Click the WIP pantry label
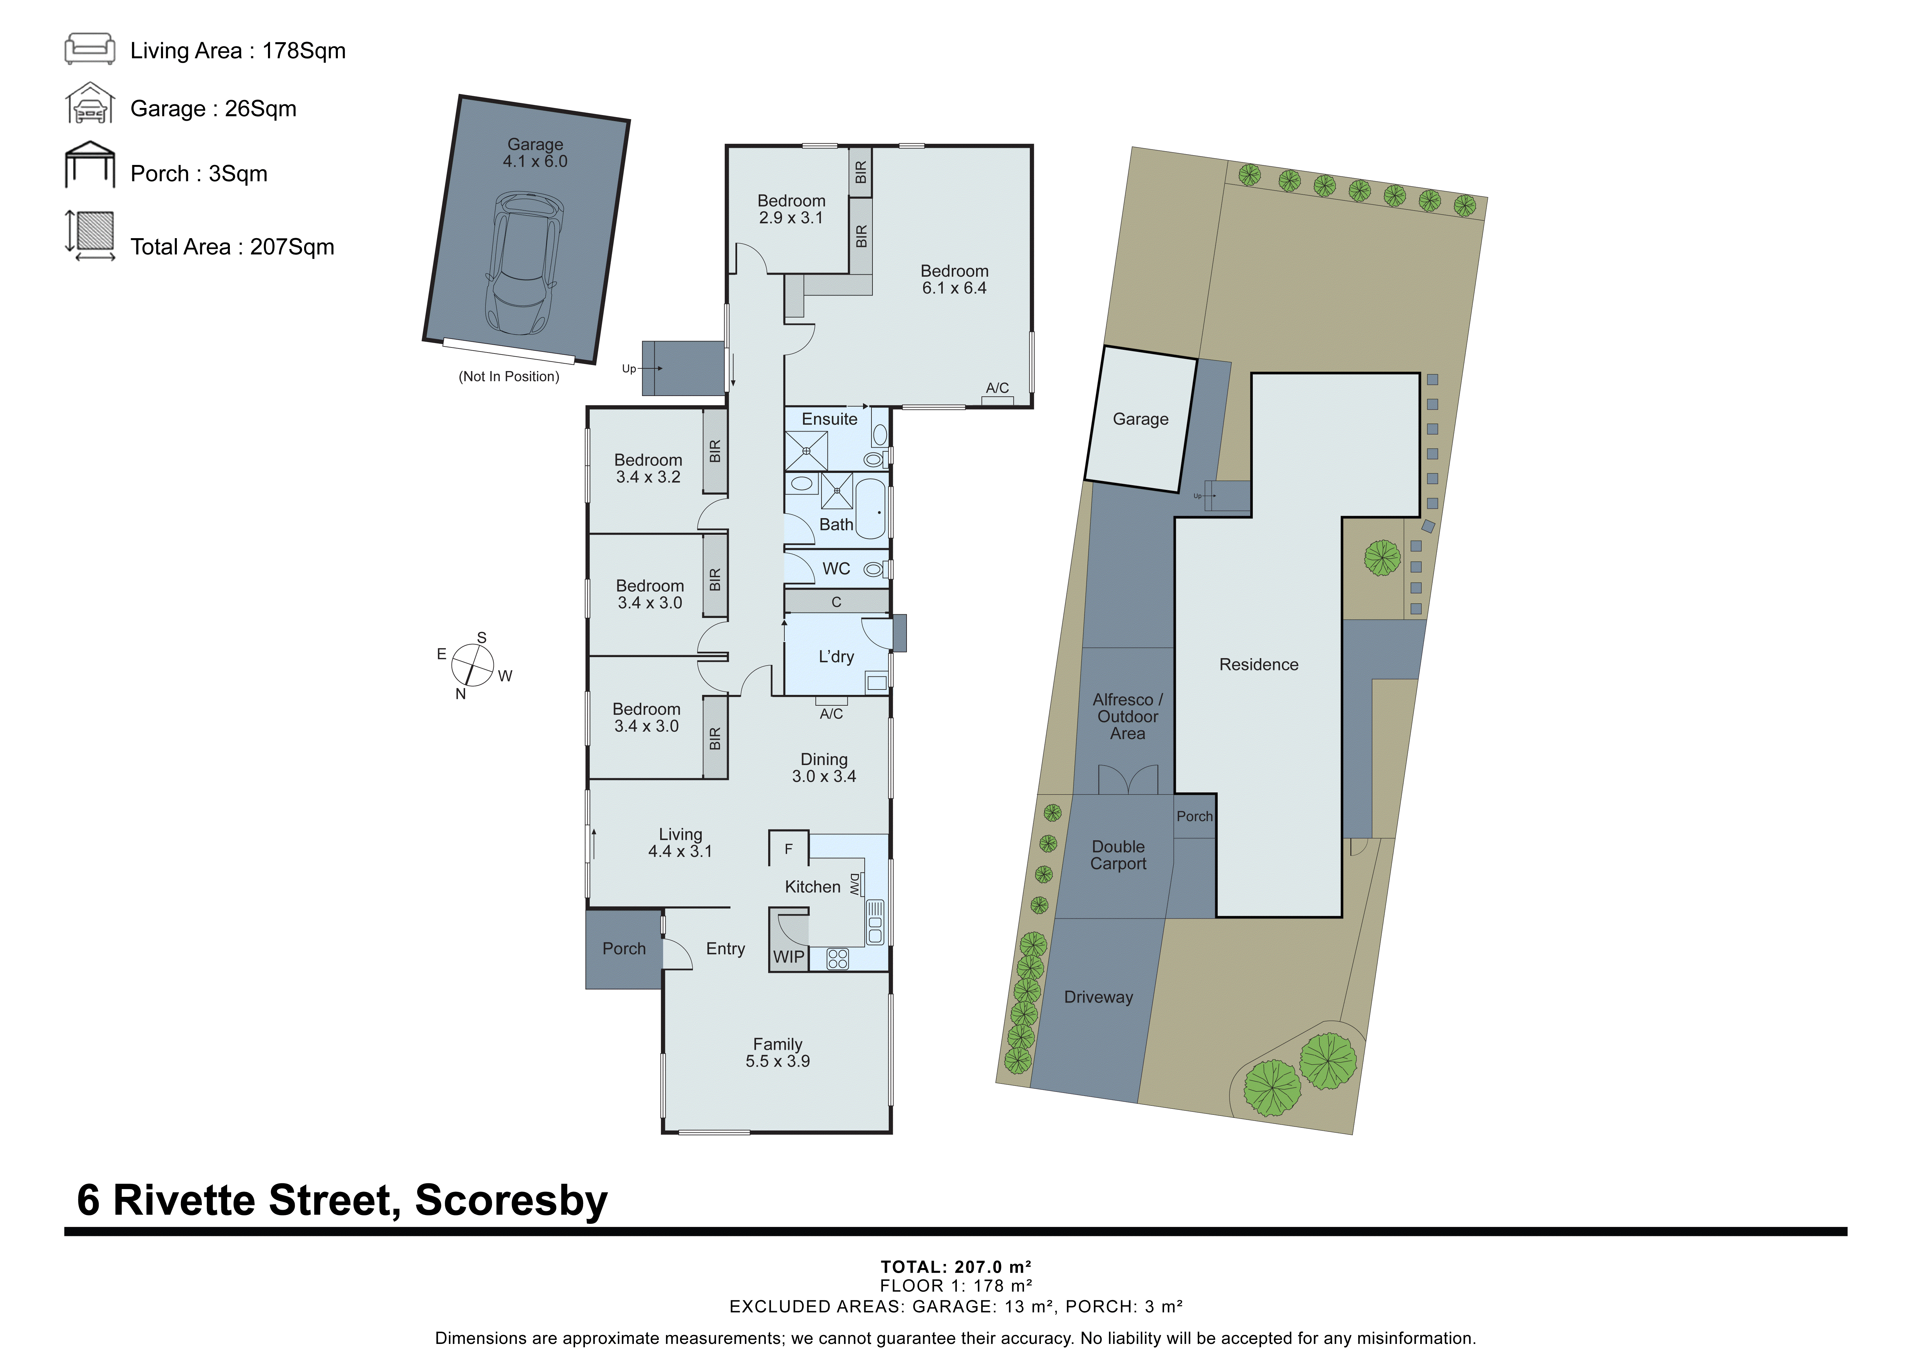point(788,956)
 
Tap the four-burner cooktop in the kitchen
point(838,959)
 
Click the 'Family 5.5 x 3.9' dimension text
point(777,1052)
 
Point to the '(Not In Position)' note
point(509,376)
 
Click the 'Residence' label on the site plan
point(1258,664)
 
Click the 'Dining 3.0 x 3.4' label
point(824,767)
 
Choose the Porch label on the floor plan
point(624,949)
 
